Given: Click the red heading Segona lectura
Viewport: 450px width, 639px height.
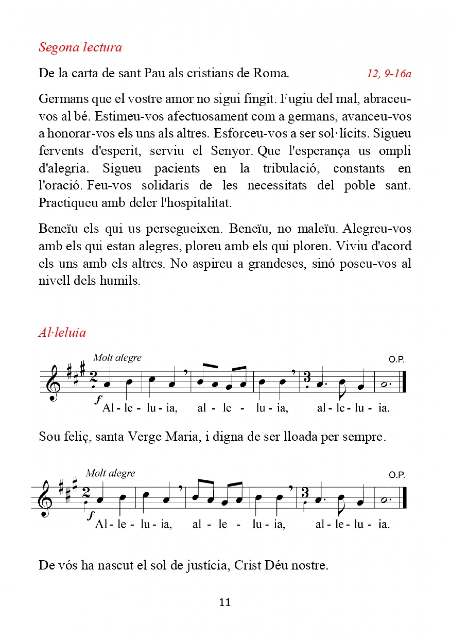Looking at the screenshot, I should pos(80,47).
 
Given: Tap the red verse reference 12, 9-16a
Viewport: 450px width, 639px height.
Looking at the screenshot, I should pos(389,74).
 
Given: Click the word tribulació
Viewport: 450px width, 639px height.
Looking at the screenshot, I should pos(291,168).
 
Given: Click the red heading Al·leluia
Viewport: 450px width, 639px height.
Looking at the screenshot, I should pos(62,333).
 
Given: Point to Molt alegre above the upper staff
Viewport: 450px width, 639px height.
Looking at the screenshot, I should pos(117,358).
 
